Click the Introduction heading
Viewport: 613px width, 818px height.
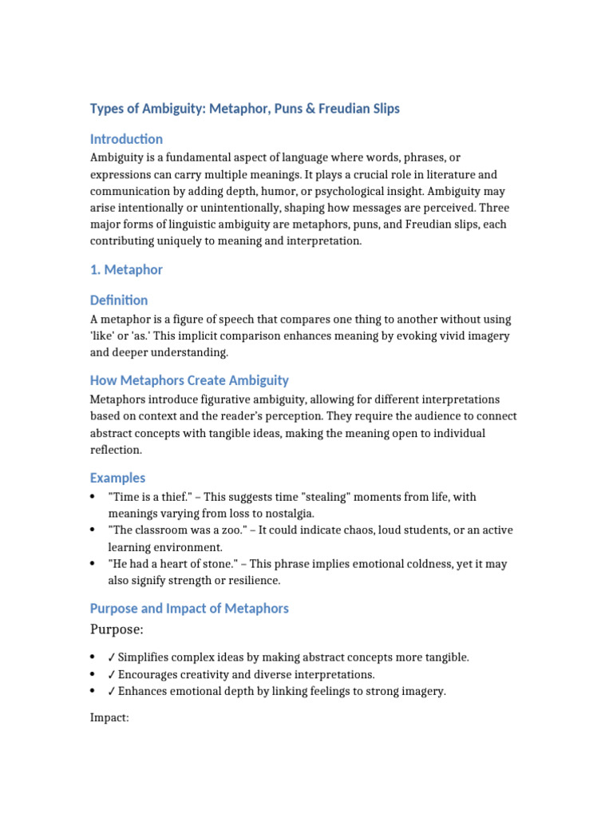[x=126, y=139]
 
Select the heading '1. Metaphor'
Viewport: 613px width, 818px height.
[x=126, y=270]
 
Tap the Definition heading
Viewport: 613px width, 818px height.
[x=119, y=300]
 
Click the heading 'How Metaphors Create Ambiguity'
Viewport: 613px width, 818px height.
[x=189, y=380]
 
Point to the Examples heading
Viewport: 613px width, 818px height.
[x=117, y=478]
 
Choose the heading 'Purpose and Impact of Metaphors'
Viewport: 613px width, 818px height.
[x=189, y=609]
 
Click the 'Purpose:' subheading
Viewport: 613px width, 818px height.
[x=117, y=630]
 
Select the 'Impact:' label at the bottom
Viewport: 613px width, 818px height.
[x=109, y=718]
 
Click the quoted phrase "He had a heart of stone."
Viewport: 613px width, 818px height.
[x=175, y=564]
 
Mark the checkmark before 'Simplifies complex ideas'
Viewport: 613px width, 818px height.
[x=112, y=657]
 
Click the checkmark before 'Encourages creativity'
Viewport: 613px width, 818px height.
[x=112, y=674]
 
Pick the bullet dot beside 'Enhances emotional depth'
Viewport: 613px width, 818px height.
[x=93, y=692]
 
